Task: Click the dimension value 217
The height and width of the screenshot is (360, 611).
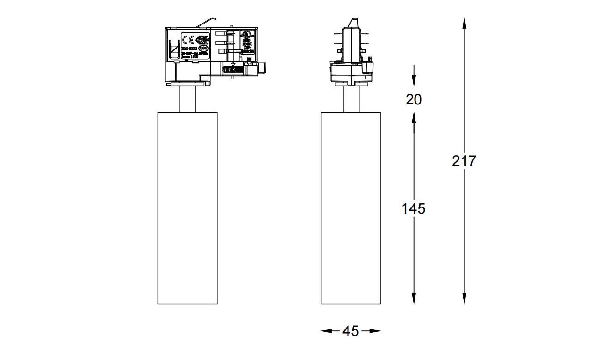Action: pos(464,161)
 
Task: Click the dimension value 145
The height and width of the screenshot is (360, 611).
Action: pos(413,209)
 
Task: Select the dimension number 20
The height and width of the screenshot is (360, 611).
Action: pos(414,99)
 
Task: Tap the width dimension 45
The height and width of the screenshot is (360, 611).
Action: pos(351,331)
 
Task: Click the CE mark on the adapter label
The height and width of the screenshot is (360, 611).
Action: pos(188,39)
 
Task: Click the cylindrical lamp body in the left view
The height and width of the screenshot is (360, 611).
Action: pos(187,208)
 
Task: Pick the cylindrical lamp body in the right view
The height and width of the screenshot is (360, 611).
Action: pos(351,208)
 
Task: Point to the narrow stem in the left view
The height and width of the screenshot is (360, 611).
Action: pos(187,99)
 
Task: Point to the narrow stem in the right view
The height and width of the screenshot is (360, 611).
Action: pos(351,99)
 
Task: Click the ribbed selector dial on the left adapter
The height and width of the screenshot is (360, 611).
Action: pos(233,69)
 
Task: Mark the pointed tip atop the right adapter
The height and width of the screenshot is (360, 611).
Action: pos(353,21)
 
